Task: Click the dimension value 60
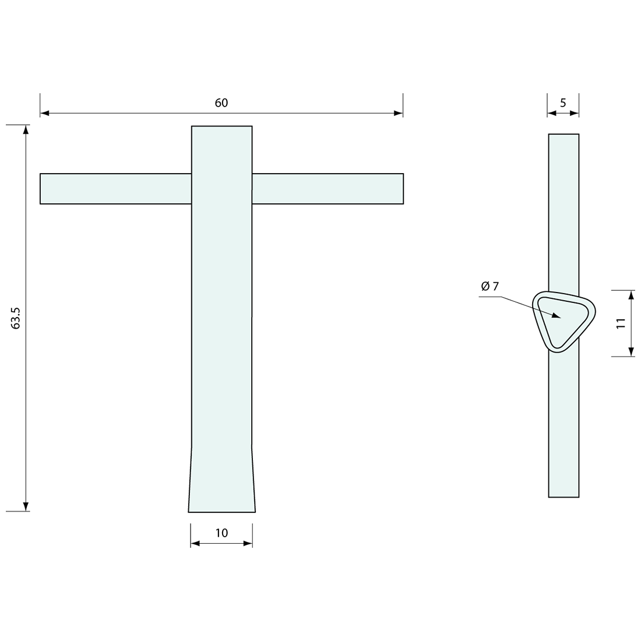click(x=221, y=103)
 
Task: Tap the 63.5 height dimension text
click(x=16, y=318)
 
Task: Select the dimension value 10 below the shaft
click(x=221, y=533)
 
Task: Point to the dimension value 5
click(x=563, y=103)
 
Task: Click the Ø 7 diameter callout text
click(x=490, y=286)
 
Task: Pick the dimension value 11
click(x=621, y=323)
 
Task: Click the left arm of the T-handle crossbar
click(x=116, y=188)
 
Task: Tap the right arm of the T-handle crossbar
click(x=328, y=188)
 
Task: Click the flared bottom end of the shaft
click(x=221, y=480)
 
